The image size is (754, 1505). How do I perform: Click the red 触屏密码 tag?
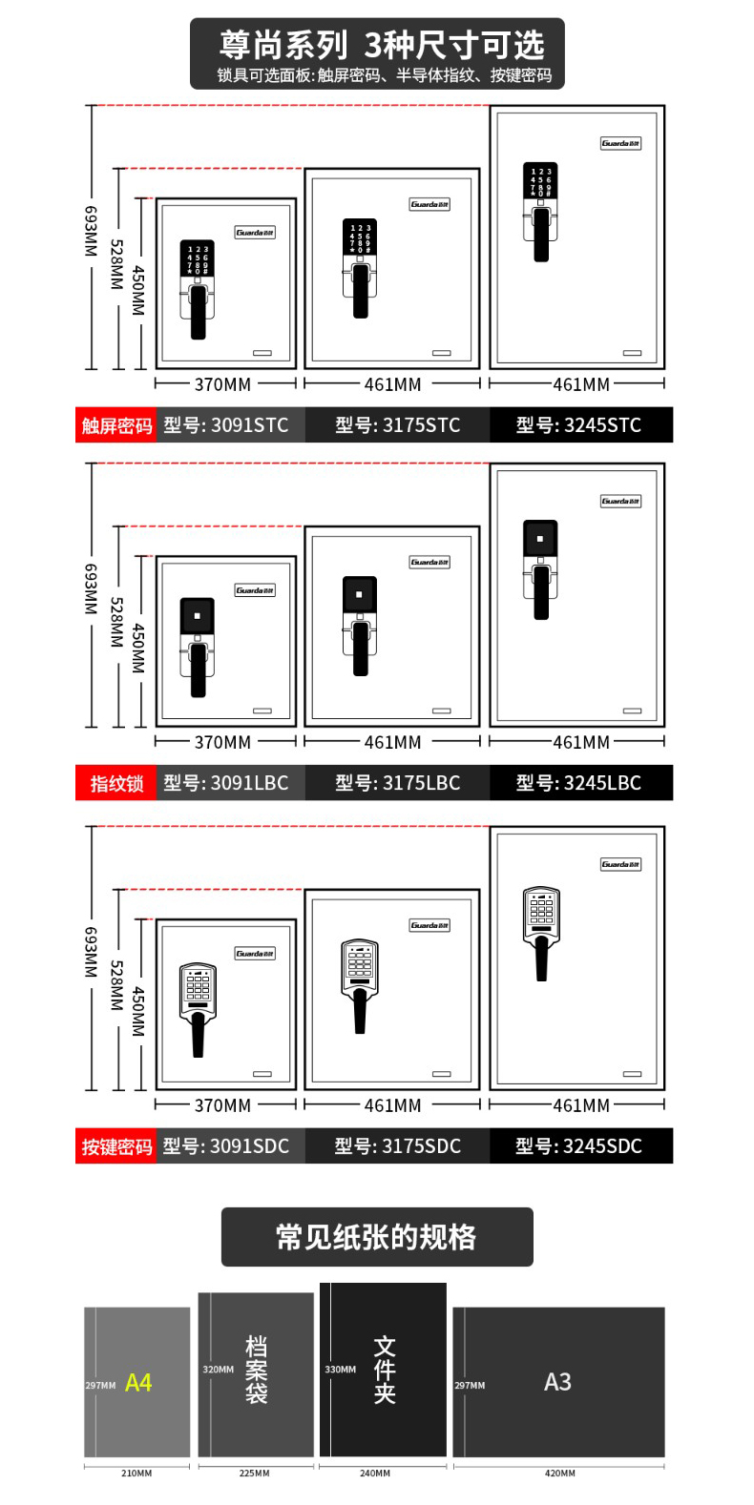[116, 425]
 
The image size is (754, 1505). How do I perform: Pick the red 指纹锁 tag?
[116, 783]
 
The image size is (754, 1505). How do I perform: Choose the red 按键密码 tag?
[116, 1146]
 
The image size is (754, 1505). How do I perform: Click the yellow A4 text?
[138, 1382]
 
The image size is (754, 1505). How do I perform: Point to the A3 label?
[557, 1381]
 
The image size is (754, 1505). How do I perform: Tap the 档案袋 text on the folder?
[257, 1370]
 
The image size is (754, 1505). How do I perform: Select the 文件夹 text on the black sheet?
[385, 1370]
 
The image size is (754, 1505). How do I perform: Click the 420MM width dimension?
[559, 1473]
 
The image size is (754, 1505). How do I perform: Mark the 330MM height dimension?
[341, 1370]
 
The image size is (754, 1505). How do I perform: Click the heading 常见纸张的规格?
[377, 1237]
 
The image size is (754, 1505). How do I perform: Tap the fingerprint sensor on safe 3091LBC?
[197, 615]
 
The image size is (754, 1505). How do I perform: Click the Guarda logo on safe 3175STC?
[429, 204]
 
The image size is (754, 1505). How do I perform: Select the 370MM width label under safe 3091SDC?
[222, 1105]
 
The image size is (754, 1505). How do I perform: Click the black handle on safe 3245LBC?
[541, 592]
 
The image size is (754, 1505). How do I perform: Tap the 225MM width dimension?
[254, 1473]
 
